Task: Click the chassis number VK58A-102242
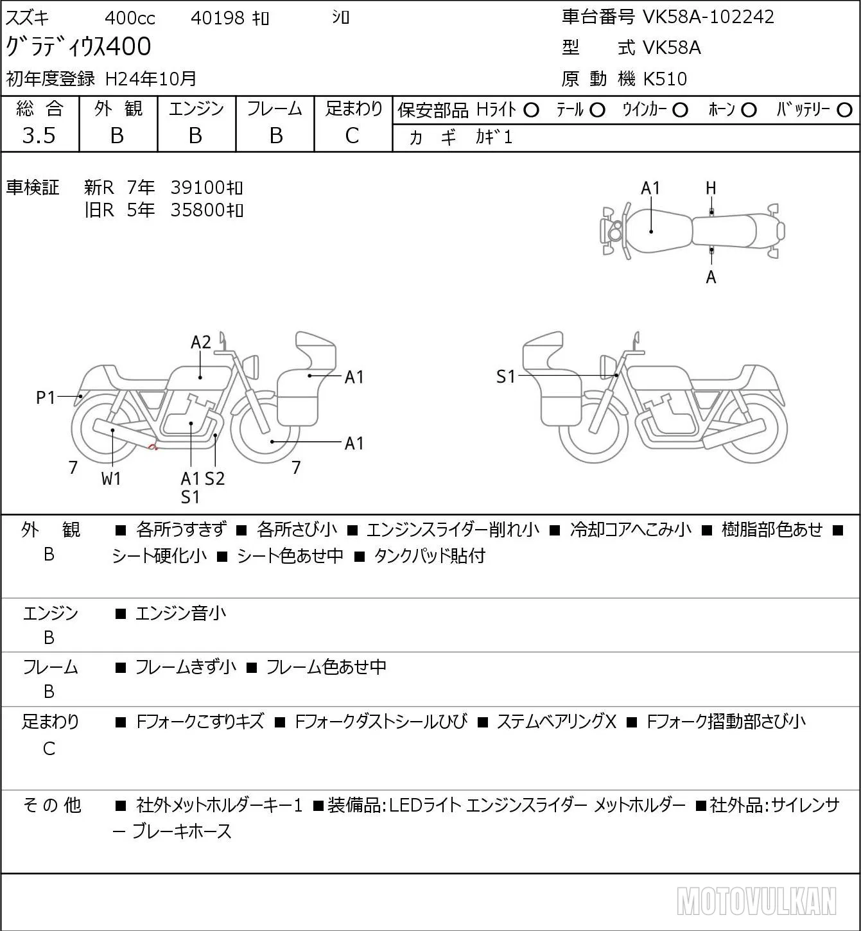[708, 17]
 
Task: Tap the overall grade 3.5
[39, 135]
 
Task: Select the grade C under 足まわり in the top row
[352, 135]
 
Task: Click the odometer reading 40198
[218, 18]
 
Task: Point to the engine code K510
[665, 79]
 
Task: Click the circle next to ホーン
[749, 110]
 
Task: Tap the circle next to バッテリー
[844, 110]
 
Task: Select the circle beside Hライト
[531, 110]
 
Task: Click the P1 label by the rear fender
[46, 397]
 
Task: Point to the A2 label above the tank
[201, 342]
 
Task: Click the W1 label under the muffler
[111, 478]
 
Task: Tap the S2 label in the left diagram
[215, 478]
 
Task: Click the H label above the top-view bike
[711, 189]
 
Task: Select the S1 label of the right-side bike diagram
[506, 376]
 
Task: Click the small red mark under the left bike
[152, 448]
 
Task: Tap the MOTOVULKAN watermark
[756, 901]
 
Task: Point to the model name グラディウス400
[78, 46]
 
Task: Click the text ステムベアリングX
[556, 722]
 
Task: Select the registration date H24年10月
[150, 79]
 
